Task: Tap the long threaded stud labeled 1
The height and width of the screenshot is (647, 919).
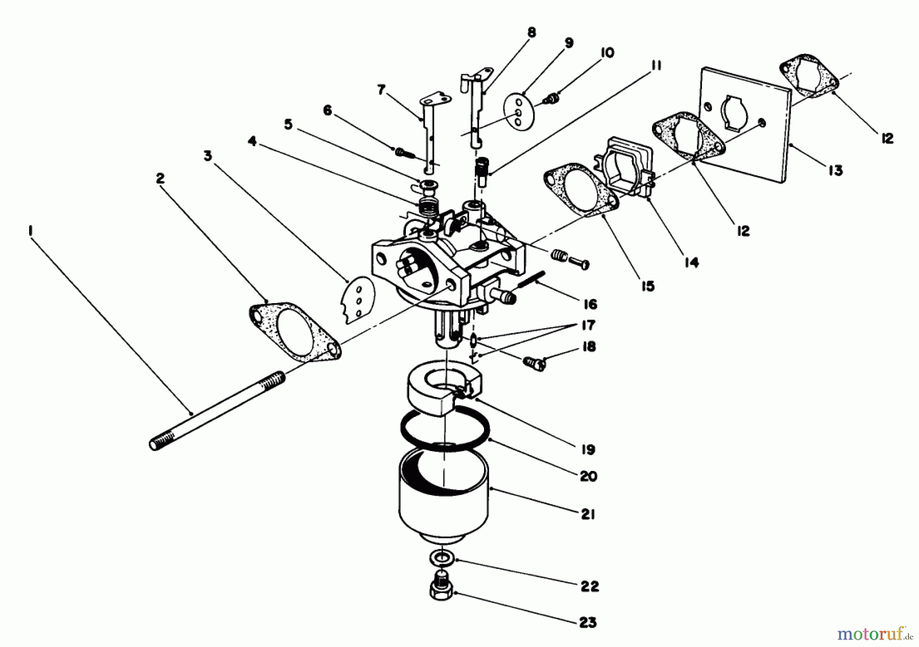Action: click(217, 411)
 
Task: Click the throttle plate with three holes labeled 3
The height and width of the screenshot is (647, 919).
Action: click(359, 300)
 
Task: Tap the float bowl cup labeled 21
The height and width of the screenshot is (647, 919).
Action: click(443, 497)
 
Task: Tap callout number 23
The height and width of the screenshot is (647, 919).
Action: click(588, 623)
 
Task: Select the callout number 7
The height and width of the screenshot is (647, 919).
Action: click(381, 90)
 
